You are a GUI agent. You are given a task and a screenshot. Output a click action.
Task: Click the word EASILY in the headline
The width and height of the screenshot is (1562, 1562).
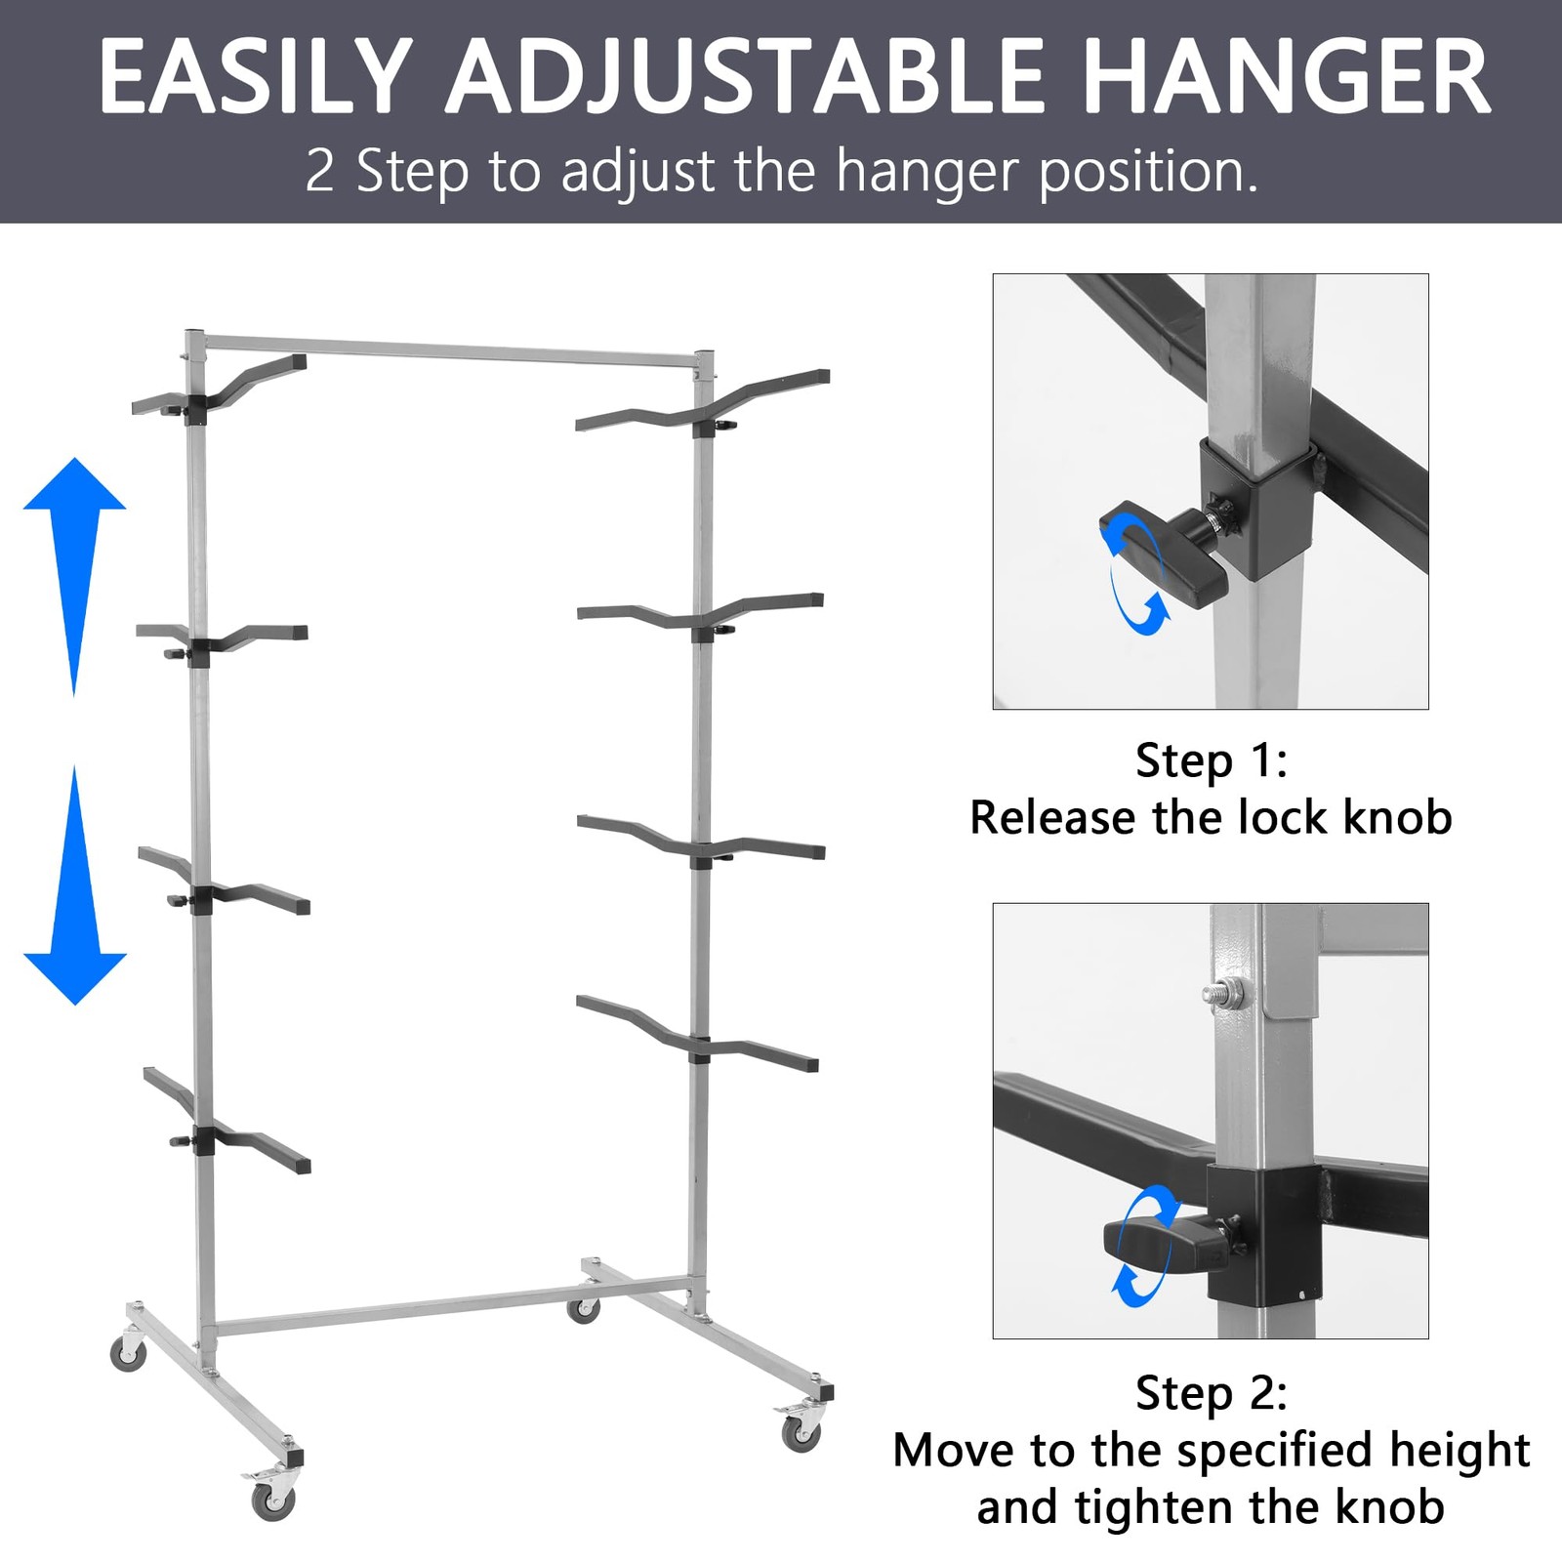tap(256, 77)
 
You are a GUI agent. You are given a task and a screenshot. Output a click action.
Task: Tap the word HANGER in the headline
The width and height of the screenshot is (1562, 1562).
tap(1286, 77)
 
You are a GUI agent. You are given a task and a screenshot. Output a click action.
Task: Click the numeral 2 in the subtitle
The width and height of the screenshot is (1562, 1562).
tap(319, 171)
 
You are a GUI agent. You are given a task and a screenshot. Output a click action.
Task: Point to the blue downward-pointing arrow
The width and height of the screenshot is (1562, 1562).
tap(74, 888)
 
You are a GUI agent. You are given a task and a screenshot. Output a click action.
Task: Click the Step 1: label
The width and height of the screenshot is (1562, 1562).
tap(1211, 760)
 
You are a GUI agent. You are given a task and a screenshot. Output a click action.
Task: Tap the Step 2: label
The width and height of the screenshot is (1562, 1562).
tap(1211, 1392)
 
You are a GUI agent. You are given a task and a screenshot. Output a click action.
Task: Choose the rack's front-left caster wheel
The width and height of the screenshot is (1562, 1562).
tap(272, 1499)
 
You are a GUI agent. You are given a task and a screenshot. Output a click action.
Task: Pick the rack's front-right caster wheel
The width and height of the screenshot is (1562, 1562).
tap(801, 1431)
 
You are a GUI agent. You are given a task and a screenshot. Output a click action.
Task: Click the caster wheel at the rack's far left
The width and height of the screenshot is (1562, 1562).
tap(128, 1353)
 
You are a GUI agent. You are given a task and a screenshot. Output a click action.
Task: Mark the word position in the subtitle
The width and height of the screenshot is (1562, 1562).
tap(1147, 171)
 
